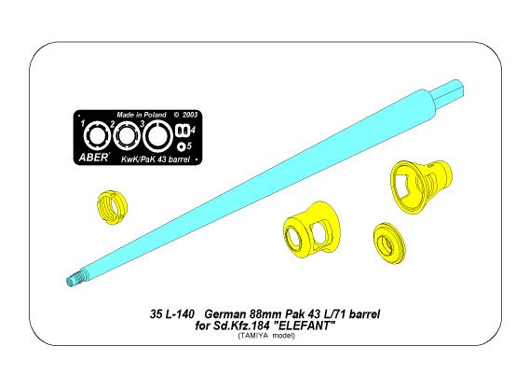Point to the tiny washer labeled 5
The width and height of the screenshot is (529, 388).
click(x=183, y=145)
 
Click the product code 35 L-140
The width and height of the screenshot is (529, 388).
click(x=165, y=315)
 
